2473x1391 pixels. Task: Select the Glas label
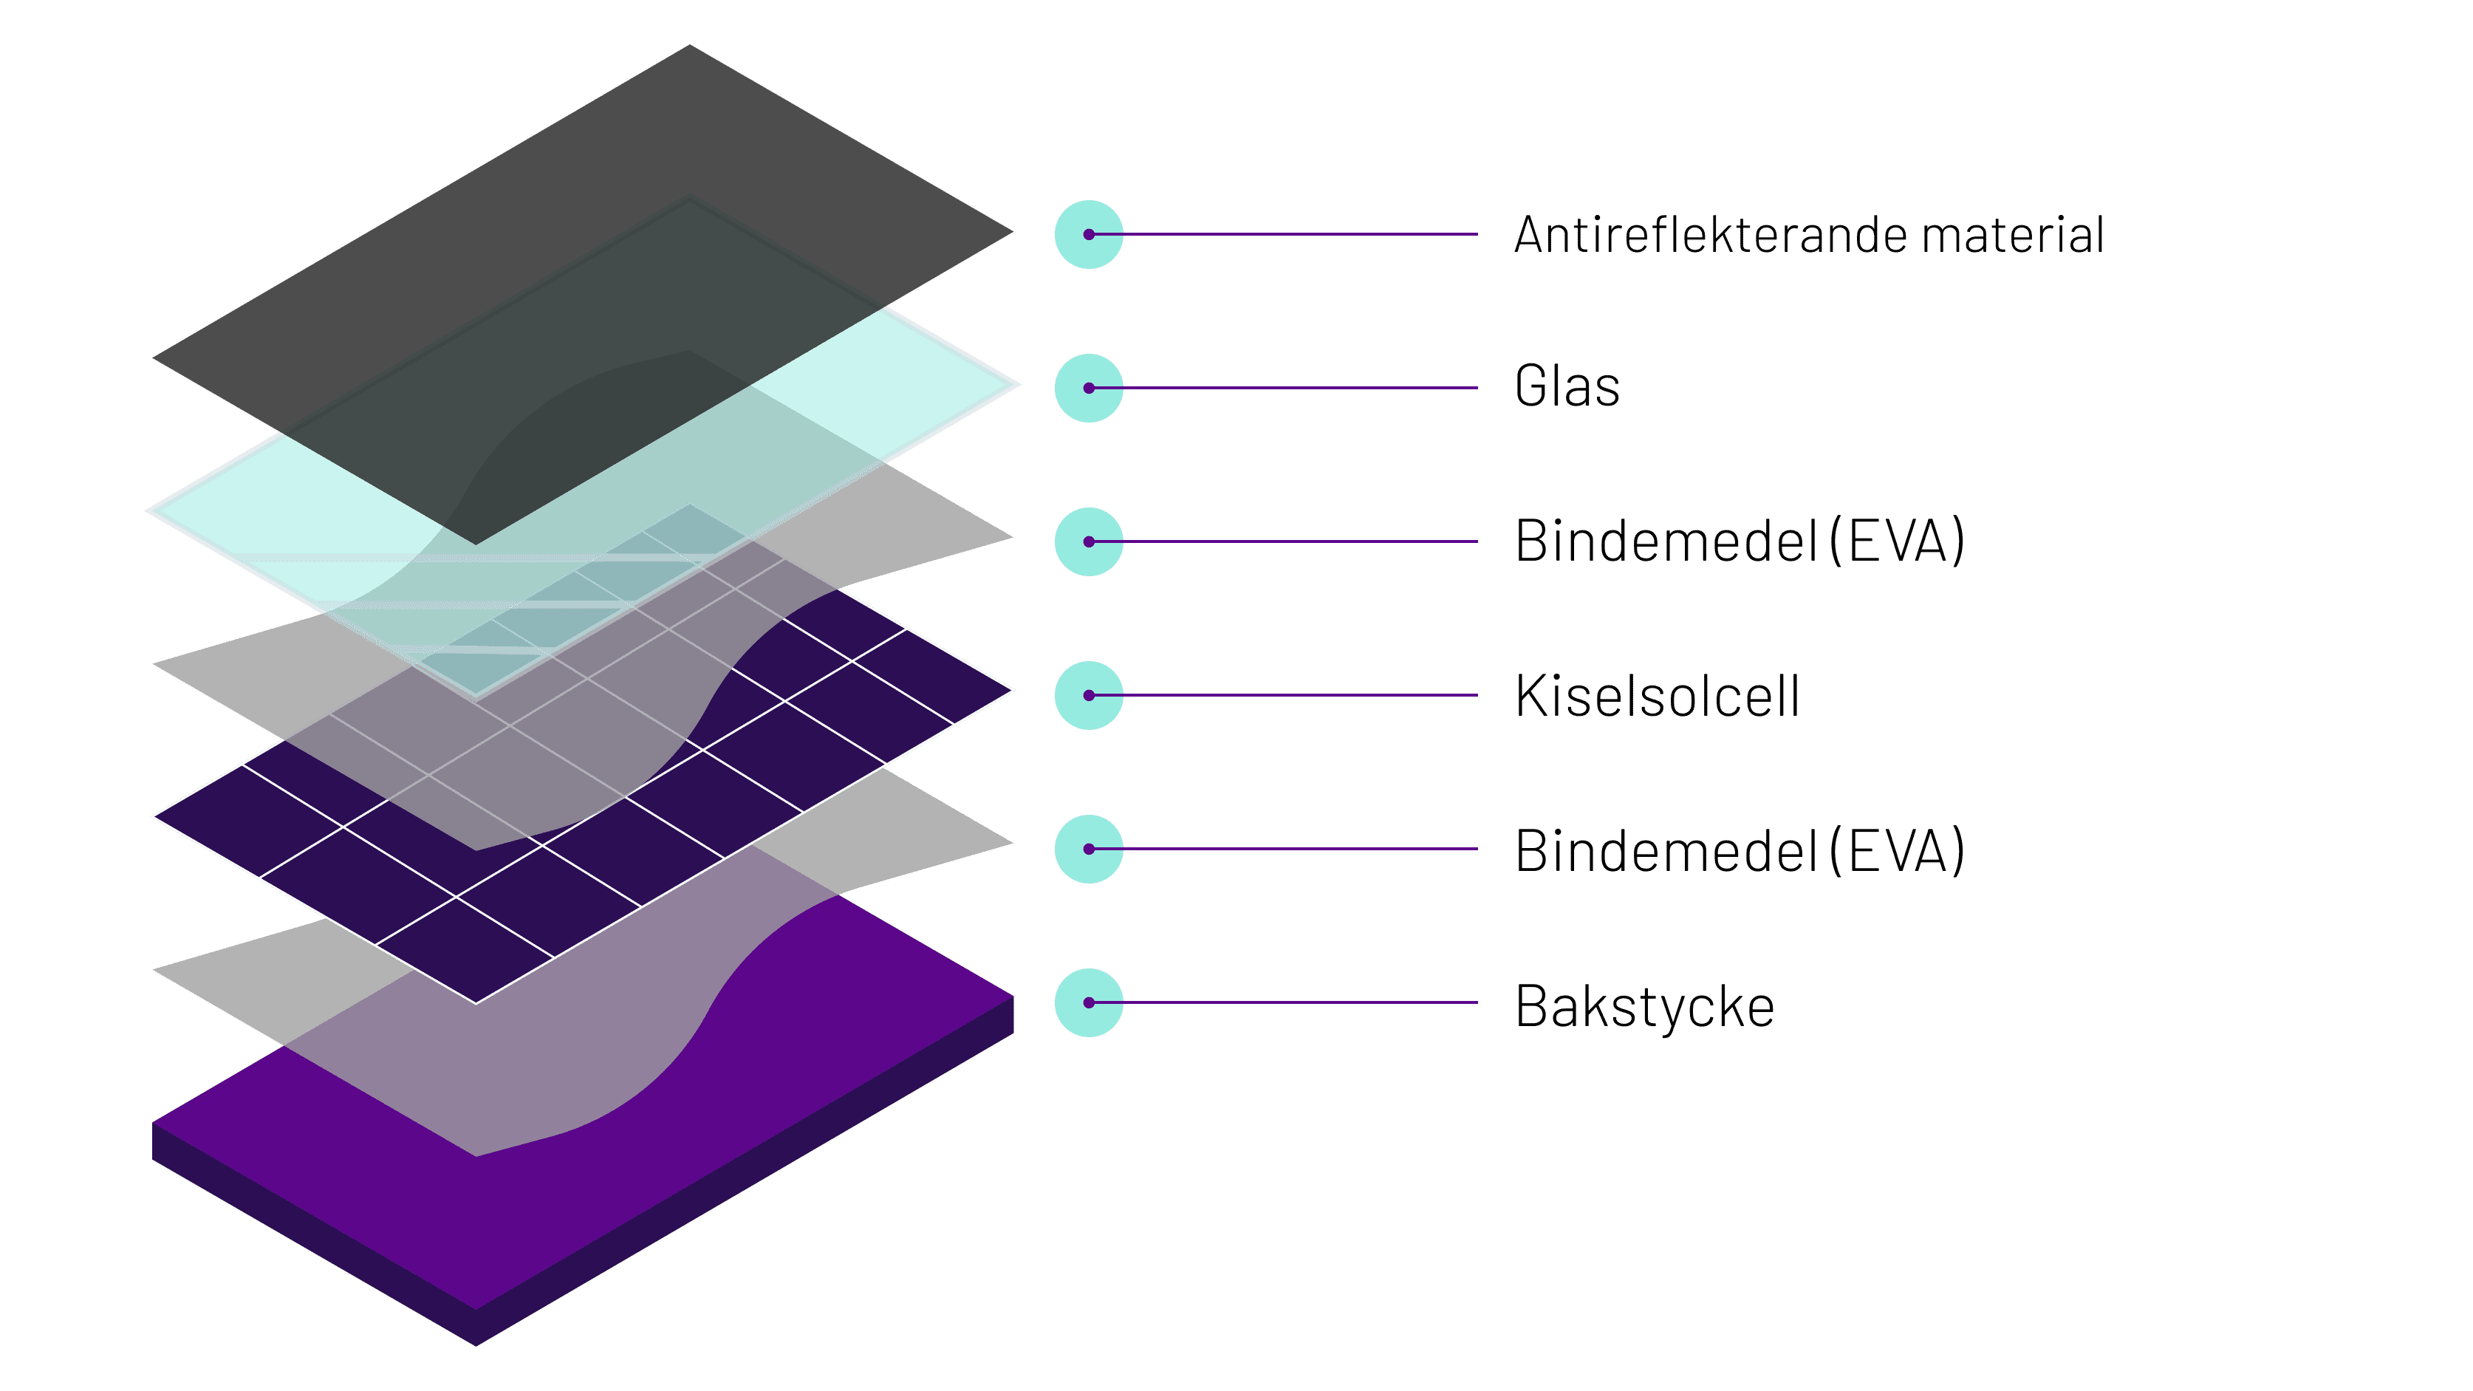click(1567, 387)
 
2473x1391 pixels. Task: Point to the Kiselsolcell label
click(1657, 696)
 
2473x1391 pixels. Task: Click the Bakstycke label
click(1644, 1006)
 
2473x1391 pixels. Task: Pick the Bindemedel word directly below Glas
click(1666, 541)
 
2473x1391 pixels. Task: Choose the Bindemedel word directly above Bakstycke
click(1666, 850)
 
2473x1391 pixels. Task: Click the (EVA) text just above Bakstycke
click(1896, 850)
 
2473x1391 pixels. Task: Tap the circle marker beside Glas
click(1089, 388)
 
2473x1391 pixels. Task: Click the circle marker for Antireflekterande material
click(1089, 234)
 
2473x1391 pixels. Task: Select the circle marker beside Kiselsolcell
click(1089, 695)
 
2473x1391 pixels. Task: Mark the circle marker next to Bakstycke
click(1089, 1002)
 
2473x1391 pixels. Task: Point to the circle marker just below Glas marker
click(1089, 541)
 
